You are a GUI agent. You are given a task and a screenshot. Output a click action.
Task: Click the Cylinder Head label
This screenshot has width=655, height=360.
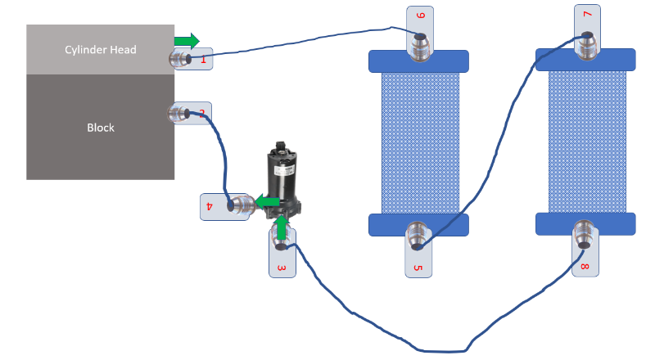pyautogui.click(x=100, y=50)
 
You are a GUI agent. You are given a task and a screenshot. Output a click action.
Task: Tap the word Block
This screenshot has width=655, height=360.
pyautogui.click(x=100, y=128)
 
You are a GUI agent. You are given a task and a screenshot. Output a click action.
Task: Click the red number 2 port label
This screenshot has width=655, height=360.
pyautogui.click(x=201, y=112)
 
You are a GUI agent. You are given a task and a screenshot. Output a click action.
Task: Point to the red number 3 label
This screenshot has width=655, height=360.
pyautogui.click(x=282, y=267)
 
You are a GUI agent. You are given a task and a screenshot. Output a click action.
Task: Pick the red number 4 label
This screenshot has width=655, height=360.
pyautogui.click(x=209, y=206)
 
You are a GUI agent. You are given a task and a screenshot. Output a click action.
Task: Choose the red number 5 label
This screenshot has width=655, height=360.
pyautogui.click(x=417, y=267)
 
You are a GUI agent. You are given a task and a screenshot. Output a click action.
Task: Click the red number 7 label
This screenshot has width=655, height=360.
pyautogui.click(x=586, y=15)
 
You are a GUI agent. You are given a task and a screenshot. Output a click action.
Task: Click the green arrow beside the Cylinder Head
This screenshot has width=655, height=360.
pyautogui.click(x=187, y=40)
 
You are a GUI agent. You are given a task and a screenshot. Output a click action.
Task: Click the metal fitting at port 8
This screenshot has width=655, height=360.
pyautogui.click(x=585, y=235)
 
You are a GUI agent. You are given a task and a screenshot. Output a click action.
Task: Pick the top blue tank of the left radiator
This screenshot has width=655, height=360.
pyautogui.click(x=418, y=61)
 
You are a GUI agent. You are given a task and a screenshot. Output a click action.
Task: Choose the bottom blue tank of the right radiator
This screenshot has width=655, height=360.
pyautogui.click(x=585, y=223)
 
